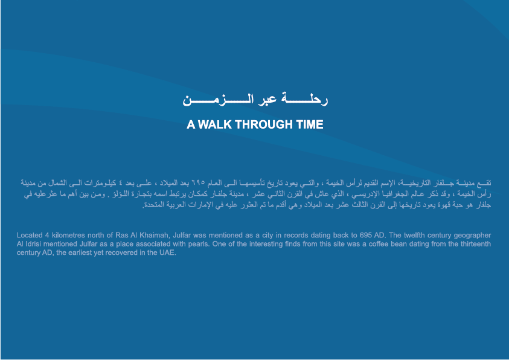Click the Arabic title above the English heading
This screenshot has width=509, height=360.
pyautogui.click(x=255, y=99)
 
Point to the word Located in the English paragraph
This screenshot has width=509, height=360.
pyautogui.click(x=30, y=235)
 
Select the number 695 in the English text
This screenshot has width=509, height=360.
pyautogui.click(x=365, y=235)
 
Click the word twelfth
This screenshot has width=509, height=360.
pyautogui.click(x=414, y=235)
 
